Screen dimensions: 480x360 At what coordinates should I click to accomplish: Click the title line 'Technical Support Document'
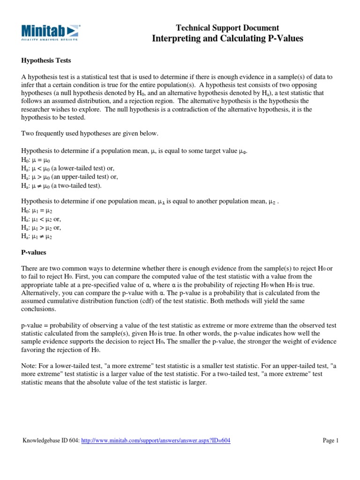pyautogui.click(x=227, y=28)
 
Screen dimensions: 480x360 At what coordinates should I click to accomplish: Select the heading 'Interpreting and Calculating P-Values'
pyautogui.click(x=227, y=38)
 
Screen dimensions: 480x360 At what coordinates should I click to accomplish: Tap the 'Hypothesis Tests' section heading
pyautogui.click(x=45, y=61)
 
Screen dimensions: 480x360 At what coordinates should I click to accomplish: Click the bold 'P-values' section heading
pyautogui.click(x=34, y=252)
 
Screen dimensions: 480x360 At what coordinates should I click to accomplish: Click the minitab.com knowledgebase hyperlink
pyautogui.click(x=156, y=441)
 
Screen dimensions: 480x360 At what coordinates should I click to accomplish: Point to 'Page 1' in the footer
pyautogui.click(x=330, y=441)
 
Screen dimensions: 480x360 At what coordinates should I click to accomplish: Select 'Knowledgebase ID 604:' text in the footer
pyautogui.click(x=52, y=441)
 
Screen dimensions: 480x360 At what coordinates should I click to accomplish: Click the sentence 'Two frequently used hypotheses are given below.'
pyautogui.click(x=90, y=134)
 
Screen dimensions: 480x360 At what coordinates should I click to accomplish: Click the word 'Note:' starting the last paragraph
pyautogui.click(x=29, y=366)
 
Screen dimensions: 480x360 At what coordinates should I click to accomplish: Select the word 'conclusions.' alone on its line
pyautogui.click(x=39, y=310)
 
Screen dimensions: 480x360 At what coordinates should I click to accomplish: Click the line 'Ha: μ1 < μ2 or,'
pyautogui.click(x=41, y=219)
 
